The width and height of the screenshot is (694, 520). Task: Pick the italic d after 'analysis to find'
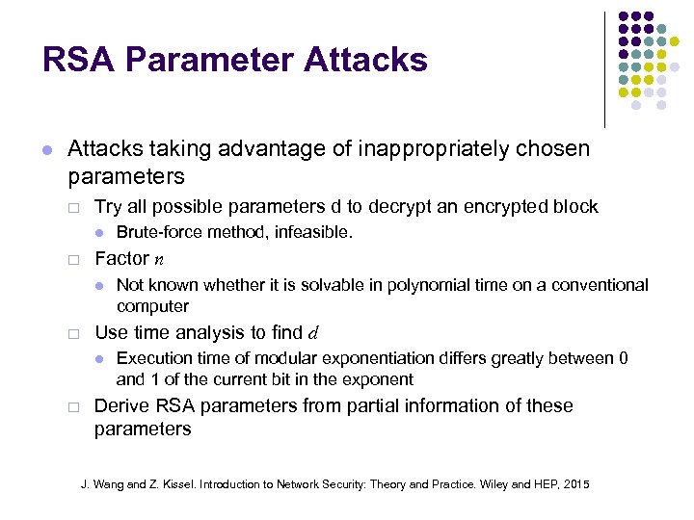point(312,333)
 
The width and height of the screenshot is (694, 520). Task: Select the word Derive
point(119,405)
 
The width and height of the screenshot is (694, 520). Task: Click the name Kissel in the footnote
point(174,483)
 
